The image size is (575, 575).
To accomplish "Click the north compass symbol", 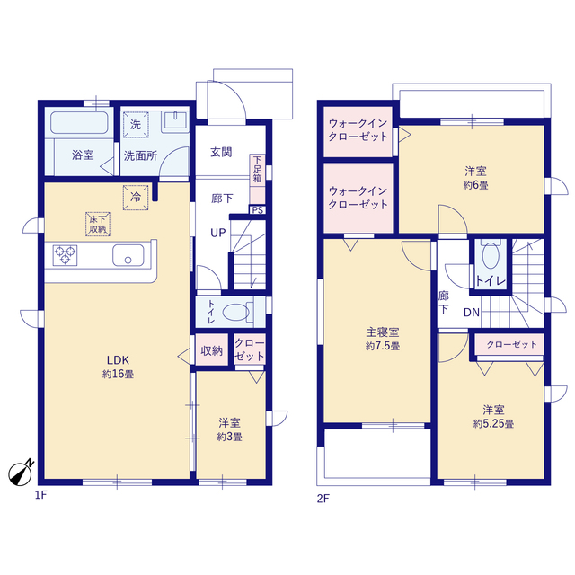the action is (21, 473).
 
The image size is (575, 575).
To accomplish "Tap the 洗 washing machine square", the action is (136, 125).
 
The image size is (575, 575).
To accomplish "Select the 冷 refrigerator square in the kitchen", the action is (136, 198).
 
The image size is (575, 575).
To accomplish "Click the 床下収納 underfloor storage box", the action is (98, 224).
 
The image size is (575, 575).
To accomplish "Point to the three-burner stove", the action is (65, 255).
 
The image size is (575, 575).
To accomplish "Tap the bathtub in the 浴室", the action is (79, 122).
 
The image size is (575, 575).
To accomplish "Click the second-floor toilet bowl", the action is (491, 255).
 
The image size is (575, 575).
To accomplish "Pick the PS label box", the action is (258, 210).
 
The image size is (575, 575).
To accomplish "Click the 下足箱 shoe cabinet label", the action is (258, 170).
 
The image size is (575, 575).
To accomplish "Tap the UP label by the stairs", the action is (217, 233).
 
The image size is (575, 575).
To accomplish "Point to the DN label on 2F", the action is (471, 313).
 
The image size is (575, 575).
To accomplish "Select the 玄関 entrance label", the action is (221, 152).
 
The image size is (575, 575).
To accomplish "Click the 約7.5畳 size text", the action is (383, 346).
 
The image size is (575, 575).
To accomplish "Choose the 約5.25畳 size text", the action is (493, 424).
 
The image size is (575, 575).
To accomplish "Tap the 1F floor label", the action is (40, 495).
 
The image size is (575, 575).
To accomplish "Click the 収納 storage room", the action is (212, 349).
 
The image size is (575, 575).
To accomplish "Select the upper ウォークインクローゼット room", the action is (358, 131).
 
